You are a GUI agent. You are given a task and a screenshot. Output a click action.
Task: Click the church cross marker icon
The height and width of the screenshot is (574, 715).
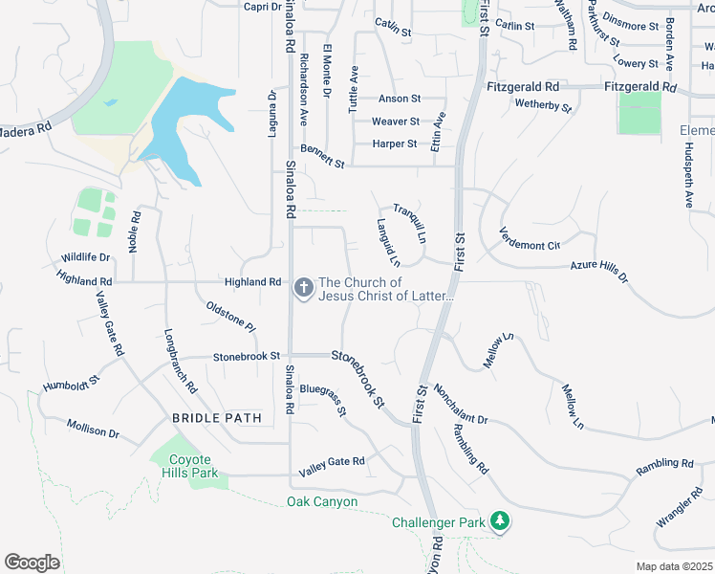(304, 287)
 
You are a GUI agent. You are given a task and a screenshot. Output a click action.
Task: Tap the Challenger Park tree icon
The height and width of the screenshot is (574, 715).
(498, 521)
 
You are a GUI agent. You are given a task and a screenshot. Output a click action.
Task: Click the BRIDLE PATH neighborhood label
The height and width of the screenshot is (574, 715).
(216, 418)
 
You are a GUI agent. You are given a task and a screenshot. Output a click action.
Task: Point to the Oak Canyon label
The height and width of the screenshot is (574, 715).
(322, 501)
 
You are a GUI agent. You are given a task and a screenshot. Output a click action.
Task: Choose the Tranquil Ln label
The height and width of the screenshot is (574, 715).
(409, 222)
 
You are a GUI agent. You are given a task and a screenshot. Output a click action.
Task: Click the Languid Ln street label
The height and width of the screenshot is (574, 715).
(386, 242)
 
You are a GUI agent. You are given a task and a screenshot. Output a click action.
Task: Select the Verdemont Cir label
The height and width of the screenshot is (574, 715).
(529, 238)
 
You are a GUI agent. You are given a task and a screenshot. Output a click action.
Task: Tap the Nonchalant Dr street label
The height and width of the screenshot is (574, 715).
(461, 406)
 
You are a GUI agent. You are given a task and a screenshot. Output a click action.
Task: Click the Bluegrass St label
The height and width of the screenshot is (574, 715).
(321, 400)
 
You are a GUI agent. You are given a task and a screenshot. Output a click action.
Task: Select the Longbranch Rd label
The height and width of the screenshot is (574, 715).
(180, 363)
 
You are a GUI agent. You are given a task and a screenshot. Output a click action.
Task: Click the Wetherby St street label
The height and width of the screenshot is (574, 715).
(542, 105)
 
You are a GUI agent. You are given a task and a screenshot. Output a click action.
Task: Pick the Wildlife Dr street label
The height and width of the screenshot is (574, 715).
(85, 257)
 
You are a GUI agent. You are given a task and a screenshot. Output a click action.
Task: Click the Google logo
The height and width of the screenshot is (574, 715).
(32, 562)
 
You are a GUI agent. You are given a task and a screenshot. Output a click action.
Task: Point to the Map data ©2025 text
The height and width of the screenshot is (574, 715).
(675, 566)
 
